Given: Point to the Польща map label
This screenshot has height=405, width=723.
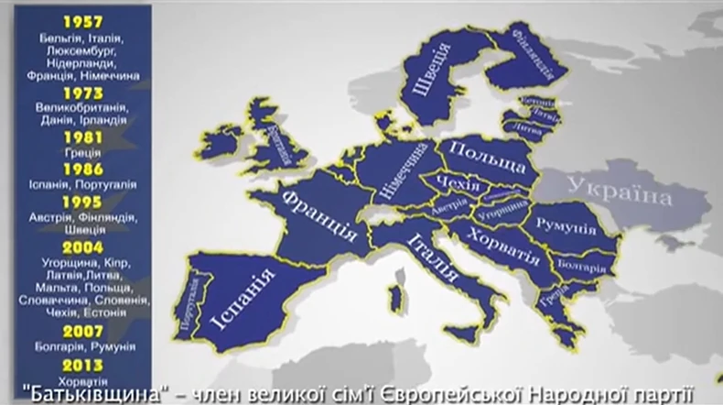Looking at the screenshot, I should pos(489,159).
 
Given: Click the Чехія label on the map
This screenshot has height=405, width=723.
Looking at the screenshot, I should pos(459,186).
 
